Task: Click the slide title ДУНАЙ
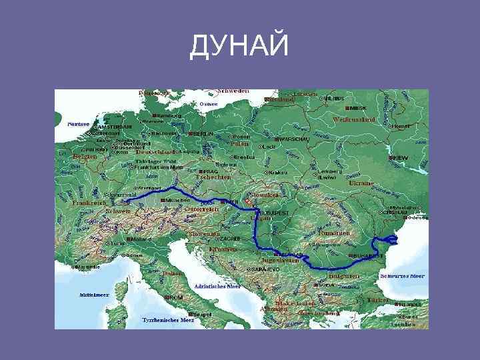coord(240,47)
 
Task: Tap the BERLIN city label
coord(203,133)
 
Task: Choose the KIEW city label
coord(398,158)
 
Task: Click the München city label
coord(179,200)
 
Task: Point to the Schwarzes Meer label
coord(402,275)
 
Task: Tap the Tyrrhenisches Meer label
coord(164,320)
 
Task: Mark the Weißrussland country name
coord(353,120)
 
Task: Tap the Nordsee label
coord(79,123)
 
